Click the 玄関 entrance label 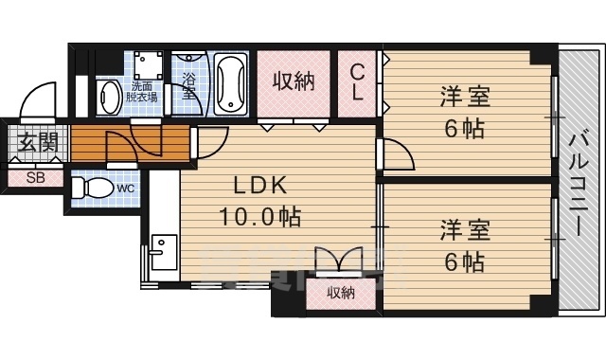[37, 144]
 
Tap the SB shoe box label [35, 177]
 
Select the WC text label [125, 188]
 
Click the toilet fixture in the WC [93, 185]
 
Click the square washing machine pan [146, 63]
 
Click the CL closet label [359, 83]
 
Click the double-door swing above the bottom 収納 [342, 260]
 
